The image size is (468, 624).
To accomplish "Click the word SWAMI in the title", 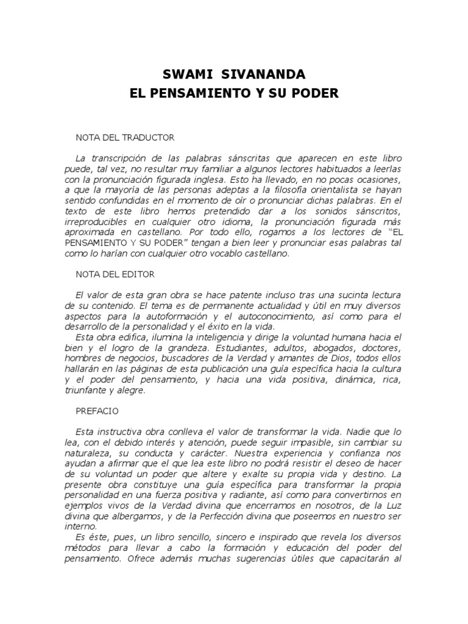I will click(185, 75).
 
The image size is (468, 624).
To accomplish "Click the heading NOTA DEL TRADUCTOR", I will click(125, 138).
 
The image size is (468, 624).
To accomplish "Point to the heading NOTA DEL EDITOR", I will click(115, 275).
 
